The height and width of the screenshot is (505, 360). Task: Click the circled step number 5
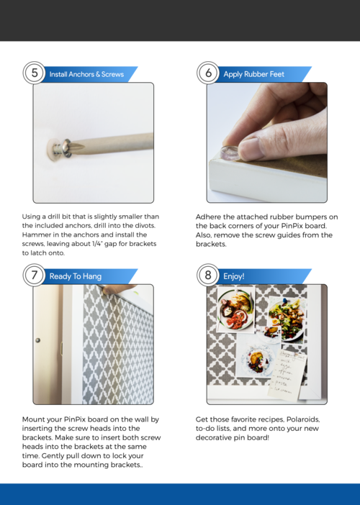click(34, 73)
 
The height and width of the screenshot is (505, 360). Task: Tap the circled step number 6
click(208, 73)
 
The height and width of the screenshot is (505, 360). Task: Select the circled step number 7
click(34, 275)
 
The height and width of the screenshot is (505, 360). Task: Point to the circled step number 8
click(208, 275)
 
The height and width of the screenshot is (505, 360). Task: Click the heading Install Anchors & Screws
click(86, 74)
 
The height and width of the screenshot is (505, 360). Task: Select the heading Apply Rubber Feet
click(253, 74)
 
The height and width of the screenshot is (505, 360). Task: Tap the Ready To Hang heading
click(76, 276)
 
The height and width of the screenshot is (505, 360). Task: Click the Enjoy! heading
click(234, 276)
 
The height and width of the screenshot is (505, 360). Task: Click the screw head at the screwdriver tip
click(67, 147)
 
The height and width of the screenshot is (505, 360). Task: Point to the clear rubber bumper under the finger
click(230, 153)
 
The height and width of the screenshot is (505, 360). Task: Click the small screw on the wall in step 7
click(37, 340)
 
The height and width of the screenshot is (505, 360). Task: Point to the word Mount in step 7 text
click(32, 419)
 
